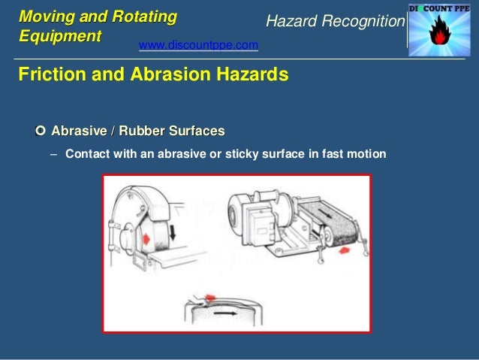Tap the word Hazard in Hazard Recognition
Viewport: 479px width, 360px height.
pos(288,23)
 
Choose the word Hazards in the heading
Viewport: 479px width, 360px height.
pos(249,75)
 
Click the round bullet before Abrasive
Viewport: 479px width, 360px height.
pos(41,132)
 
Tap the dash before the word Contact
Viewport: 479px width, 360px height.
pos(53,155)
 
